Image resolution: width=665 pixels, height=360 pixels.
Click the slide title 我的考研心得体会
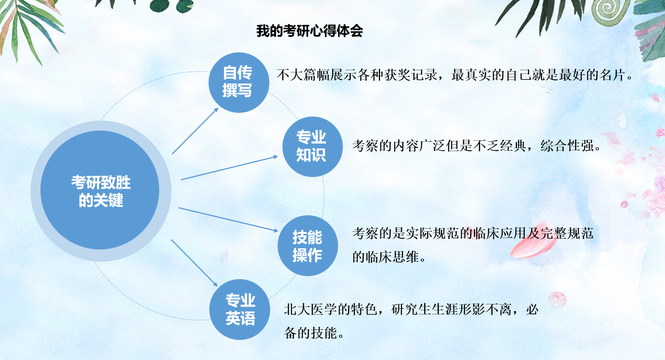point(309,31)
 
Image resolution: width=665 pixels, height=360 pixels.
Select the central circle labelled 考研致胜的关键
point(100,190)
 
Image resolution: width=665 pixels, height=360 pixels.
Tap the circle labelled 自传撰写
point(239,82)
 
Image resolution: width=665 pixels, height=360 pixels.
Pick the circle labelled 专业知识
point(312,147)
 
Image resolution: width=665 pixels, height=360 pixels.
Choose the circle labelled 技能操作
point(308,246)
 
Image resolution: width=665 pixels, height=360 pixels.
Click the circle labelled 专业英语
point(239,310)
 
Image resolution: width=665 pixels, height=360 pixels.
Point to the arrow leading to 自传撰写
point(195,131)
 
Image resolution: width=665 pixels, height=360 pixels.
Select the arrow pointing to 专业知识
point(229,168)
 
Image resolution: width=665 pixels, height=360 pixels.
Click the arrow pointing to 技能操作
point(228,220)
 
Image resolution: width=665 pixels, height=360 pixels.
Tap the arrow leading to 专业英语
point(194,263)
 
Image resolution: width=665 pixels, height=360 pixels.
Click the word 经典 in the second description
point(513,146)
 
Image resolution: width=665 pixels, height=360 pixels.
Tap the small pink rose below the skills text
point(557,299)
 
